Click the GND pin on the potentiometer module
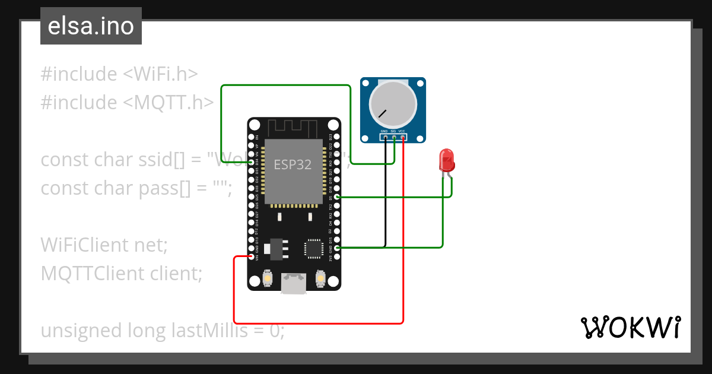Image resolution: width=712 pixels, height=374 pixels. pyautogui.click(x=384, y=138)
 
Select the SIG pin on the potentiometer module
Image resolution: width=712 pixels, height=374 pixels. pyautogui.click(x=394, y=138)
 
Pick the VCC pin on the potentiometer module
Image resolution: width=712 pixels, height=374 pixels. pyautogui.click(x=403, y=138)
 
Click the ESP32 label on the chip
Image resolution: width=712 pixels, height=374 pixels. pyautogui.click(x=293, y=165)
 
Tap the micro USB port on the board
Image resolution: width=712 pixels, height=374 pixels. pyautogui.click(x=294, y=283)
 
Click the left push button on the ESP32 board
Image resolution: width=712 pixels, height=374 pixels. pyautogui.click(x=268, y=278)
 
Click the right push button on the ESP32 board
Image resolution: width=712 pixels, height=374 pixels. pyautogui.click(x=320, y=278)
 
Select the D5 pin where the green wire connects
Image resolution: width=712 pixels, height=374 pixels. pyautogui.click(x=337, y=196)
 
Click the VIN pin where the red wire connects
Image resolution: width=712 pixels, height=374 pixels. pyautogui.click(x=252, y=256)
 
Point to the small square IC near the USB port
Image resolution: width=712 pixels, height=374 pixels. pyautogui.click(x=313, y=248)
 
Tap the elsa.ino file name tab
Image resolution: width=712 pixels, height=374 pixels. pyautogui.click(x=91, y=26)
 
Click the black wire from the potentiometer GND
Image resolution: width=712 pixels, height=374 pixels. pyautogui.click(x=386, y=196)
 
